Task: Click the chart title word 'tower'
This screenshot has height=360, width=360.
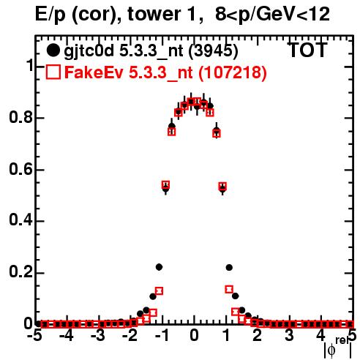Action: pos(152,14)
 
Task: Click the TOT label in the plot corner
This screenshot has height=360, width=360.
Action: pos(307,50)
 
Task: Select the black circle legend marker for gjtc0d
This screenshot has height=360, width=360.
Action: pos(53,50)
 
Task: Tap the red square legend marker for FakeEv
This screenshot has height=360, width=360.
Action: pos(53,72)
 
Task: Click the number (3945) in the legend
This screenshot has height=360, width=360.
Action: pos(214,51)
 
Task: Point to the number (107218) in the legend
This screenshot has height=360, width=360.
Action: pos(233,72)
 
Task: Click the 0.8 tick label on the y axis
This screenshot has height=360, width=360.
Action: pos(20,117)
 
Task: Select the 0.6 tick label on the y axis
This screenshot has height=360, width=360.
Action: pos(20,169)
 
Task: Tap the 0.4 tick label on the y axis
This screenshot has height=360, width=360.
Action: pos(20,220)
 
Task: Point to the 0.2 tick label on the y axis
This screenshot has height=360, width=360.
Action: pos(20,272)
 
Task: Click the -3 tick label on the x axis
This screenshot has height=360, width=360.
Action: pos(99,335)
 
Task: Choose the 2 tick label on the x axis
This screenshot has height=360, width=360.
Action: pos(257,335)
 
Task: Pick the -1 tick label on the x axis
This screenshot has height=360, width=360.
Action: pos(162,335)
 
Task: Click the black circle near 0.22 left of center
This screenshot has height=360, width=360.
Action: pos(159,267)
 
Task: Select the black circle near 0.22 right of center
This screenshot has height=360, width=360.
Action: pos(229,268)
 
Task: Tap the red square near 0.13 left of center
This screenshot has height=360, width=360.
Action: pos(159,291)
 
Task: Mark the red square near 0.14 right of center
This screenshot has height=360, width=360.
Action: pos(229,289)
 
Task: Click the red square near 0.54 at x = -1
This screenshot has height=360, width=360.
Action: pos(165,184)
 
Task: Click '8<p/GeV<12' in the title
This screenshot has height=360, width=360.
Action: pos(272,15)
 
